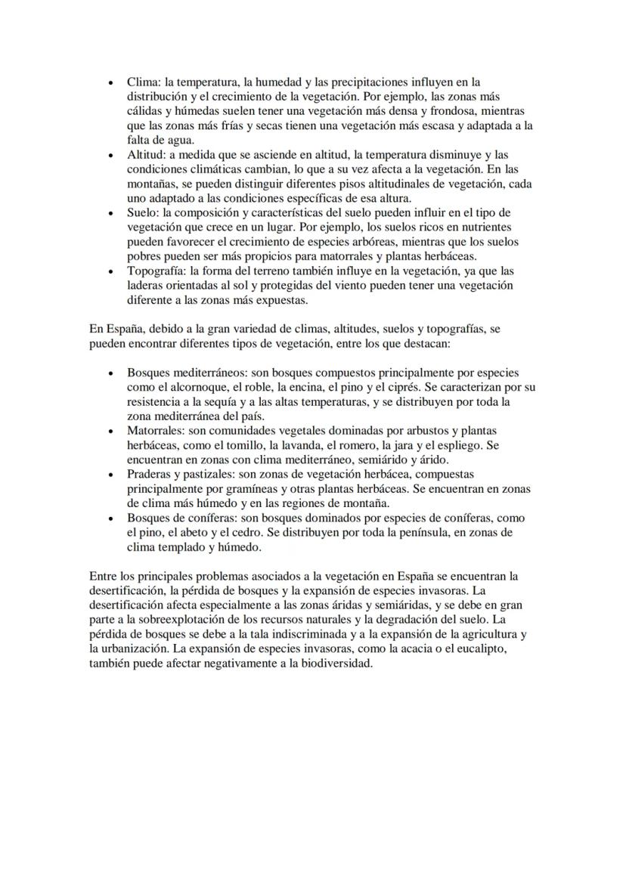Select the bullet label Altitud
(143, 155)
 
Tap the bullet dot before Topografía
(112, 271)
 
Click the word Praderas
(150, 475)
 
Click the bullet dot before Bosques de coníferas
(112, 518)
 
